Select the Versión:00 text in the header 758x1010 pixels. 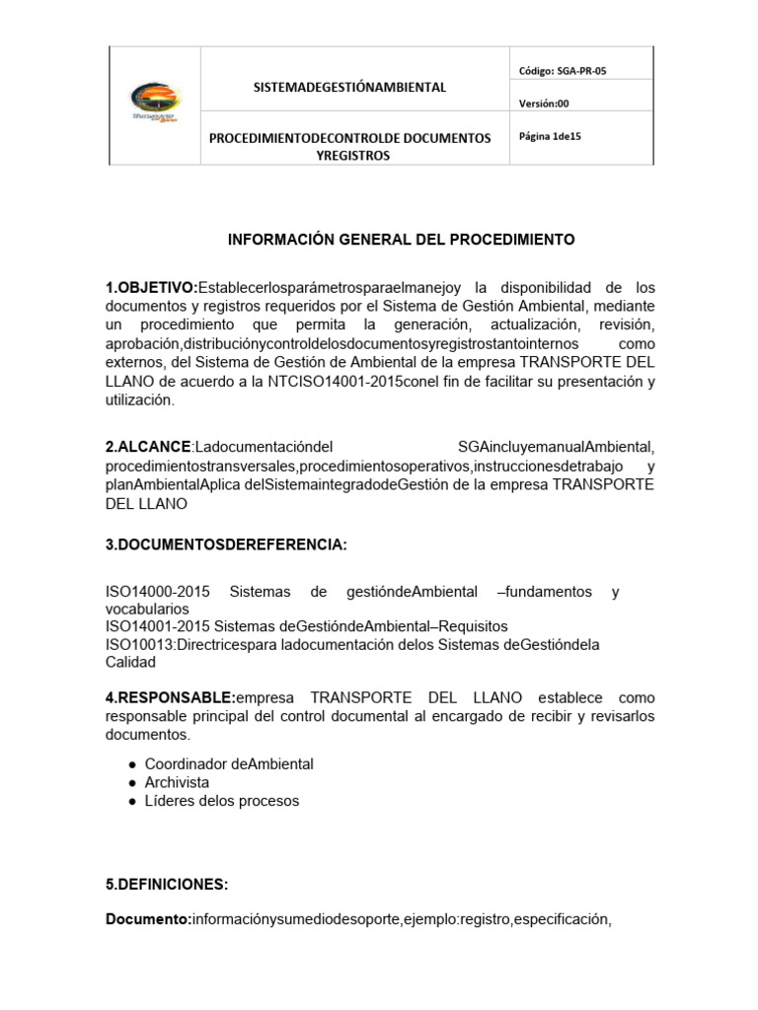click(x=544, y=104)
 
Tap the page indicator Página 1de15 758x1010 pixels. click(x=550, y=137)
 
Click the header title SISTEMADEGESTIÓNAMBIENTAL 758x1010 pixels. click(x=349, y=87)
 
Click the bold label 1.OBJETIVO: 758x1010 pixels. click(x=152, y=288)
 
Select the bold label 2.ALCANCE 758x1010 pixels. click(x=147, y=448)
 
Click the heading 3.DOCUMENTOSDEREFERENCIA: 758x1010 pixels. click(x=226, y=545)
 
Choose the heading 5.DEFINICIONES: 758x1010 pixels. click(x=166, y=884)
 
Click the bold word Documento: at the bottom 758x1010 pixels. click(x=148, y=920)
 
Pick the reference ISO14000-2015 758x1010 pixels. click(x=158, y=592)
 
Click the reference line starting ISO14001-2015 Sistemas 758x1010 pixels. click(x=306, y=626)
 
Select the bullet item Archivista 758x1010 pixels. click(x=178, y=782)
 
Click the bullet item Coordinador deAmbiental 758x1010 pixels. click(x=229, y=764)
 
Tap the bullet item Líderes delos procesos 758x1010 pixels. click(x=222, y=801)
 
